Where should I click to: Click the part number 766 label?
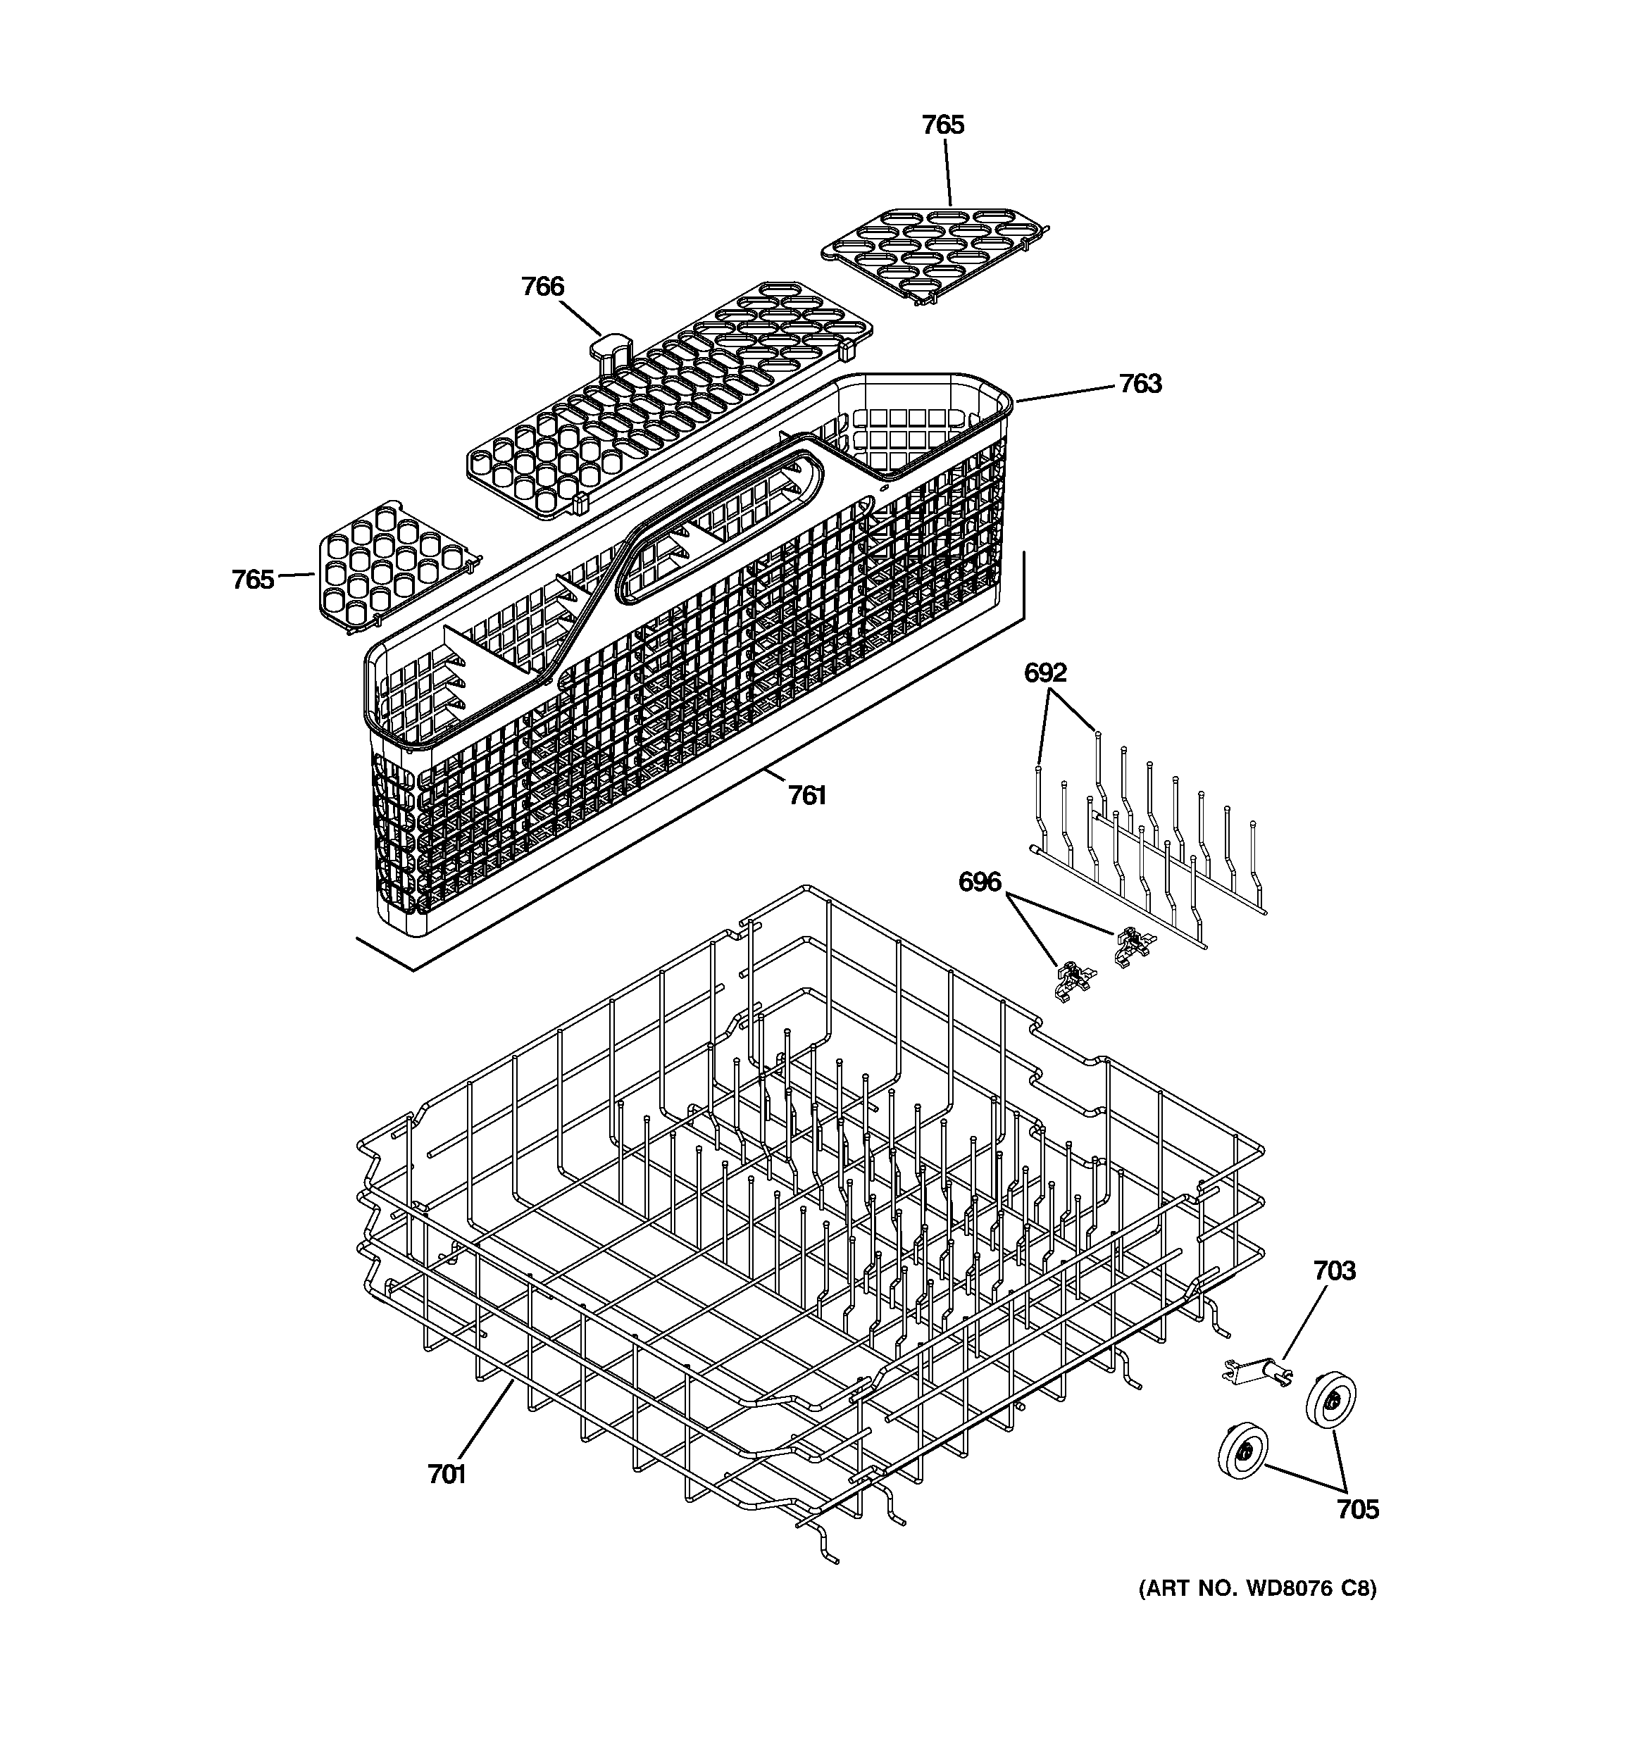coord(542,287)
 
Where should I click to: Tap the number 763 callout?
coord(1140,384)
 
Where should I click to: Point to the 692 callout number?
coord(1045,673)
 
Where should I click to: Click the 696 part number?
coord(979,882)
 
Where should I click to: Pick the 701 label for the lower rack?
coord(447,1475)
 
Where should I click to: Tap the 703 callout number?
coord(1334,1270)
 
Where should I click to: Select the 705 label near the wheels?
coord(1358,1510)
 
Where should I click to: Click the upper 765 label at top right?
coord(943,125)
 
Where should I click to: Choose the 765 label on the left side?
coord(253,580)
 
